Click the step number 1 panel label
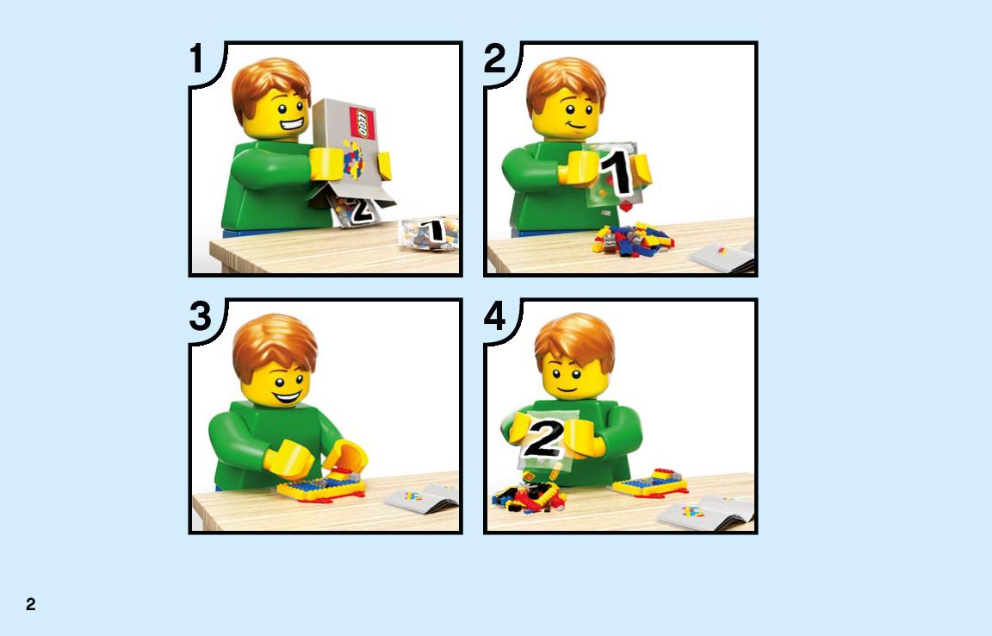coord(196,59)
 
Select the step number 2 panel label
coord(494,59)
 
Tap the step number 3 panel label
coord(200,315)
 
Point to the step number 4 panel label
coord(495,315)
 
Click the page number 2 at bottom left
coord(30,604)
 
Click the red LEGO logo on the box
coord(363,123)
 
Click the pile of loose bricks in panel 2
coord(633,239)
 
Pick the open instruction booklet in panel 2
coord(723,257)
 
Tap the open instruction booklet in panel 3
coord(422,498)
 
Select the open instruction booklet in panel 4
coord(707,511)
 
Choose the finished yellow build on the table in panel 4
coord(650,483)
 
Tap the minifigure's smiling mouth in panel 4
coord(567,389)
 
